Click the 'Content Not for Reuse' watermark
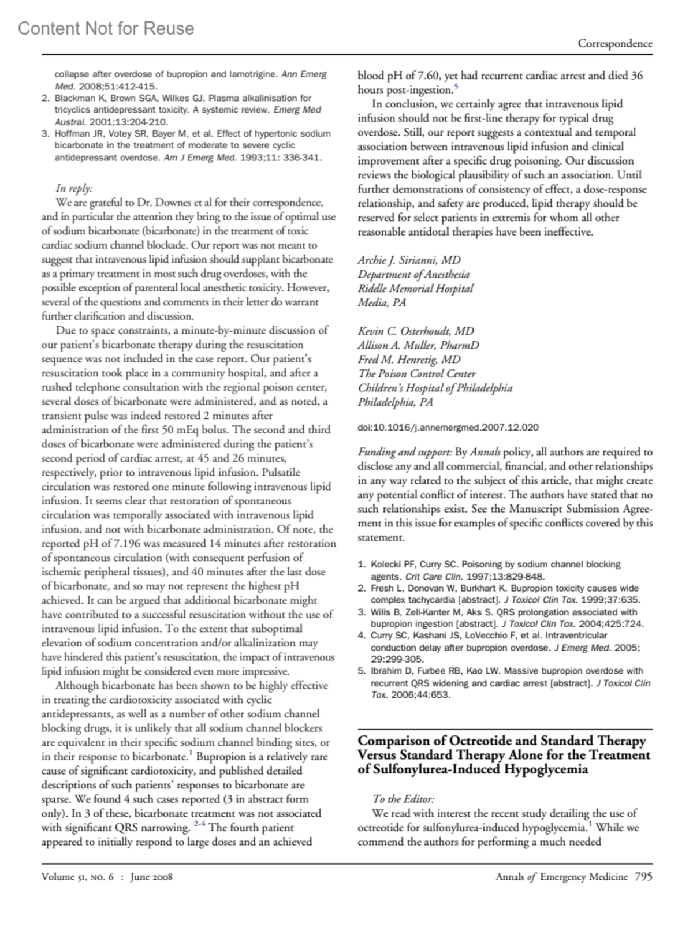(x=106, y=28)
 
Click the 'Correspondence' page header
(x=615, y=43)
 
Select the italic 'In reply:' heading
(x=74, y=188)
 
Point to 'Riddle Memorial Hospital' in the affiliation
(x=415, y=288)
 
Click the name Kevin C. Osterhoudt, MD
(x=416, y=331)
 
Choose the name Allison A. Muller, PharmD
(x=418, y=345)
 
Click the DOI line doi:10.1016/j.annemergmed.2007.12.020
(x=448, y=428)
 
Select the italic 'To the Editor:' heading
(x=403, y=799)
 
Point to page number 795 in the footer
(x=643, y=877)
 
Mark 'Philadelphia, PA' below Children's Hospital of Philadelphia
(x=395, y=402)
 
